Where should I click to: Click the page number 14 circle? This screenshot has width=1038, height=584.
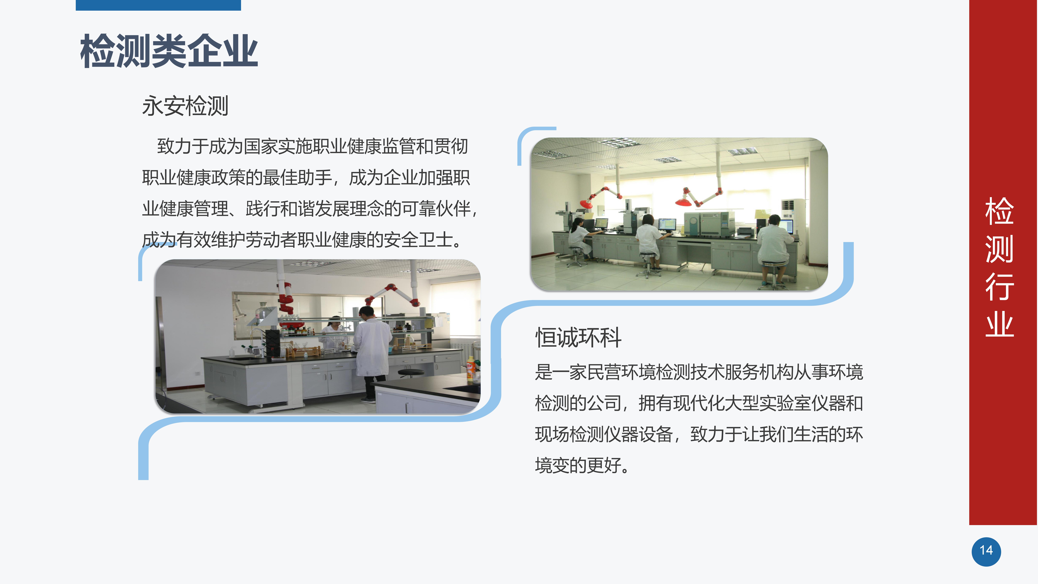986,551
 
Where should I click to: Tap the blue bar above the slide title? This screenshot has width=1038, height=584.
158,5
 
